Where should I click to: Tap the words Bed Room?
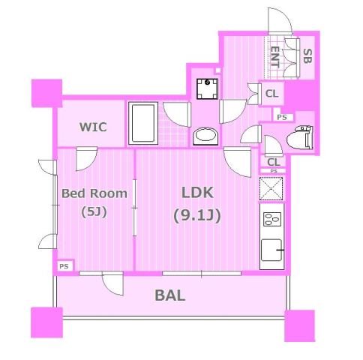click(x=94, y=193)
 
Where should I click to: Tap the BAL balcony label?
click(x=169, y=295)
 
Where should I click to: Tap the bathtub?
click(x=142, y=122)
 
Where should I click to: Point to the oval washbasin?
click(x=205, y=136)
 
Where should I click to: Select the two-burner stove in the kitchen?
click(x=271, y=221)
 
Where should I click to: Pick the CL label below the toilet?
click(x=273, y=161)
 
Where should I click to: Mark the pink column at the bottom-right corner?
click(x=299, y=325)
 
